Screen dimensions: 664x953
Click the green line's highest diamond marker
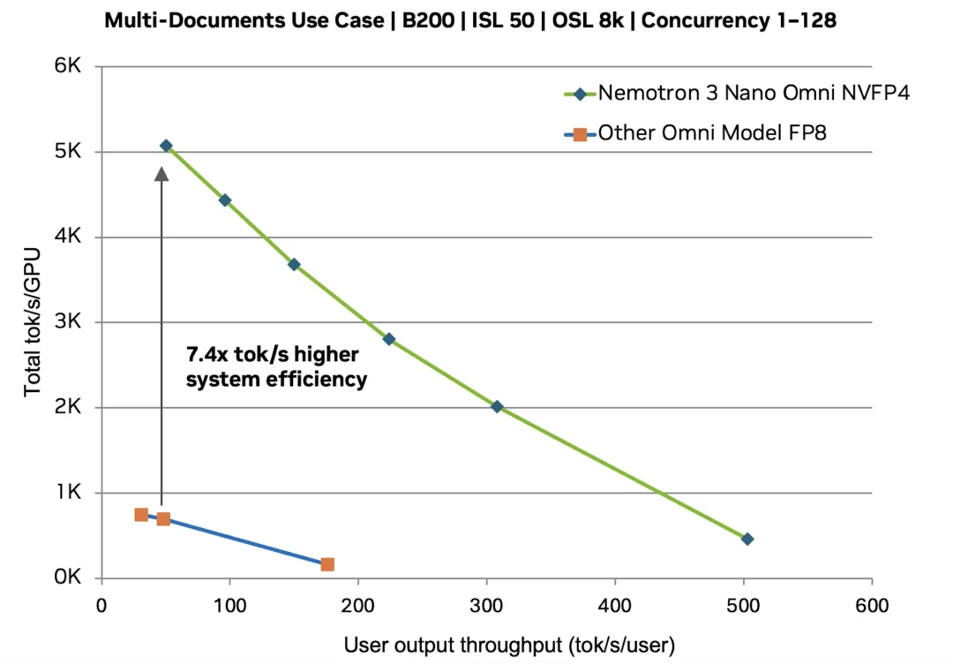[x=166, y=146]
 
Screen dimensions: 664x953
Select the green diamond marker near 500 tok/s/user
[x=747, y=539]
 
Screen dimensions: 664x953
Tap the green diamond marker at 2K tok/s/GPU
[x=497, y=407]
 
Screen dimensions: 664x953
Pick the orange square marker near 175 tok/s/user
[x=327, y=564]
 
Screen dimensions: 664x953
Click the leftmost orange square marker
[x=141, y=515]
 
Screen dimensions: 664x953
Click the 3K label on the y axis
[x=68, y=322]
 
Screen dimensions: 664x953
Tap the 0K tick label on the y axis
[x=68, y=578]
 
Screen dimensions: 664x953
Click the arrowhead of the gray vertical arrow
[x=161, y=173]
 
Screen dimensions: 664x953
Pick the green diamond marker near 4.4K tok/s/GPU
[x=225, y=200]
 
